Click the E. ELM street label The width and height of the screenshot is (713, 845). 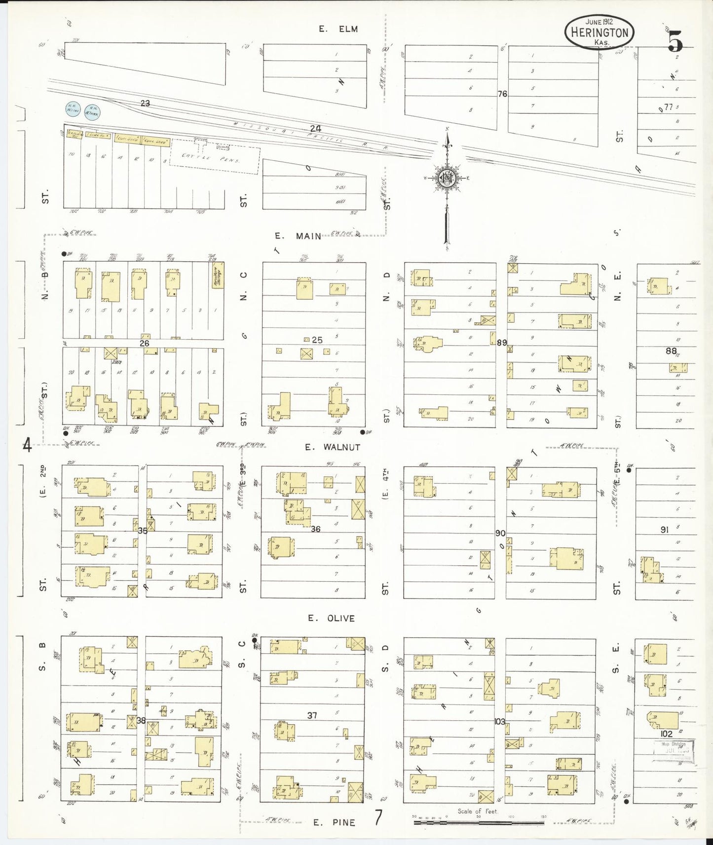pyautogui.click(x=338, y=29)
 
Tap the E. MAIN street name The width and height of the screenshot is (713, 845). pyautogui.click(x=298, y=236)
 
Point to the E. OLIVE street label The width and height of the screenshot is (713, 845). pyautogui.click(x=331, y=618)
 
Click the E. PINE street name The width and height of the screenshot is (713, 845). pyautogui.click(x=335, y=822)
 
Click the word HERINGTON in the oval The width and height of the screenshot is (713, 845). pyautogui.click(x=600, y=33)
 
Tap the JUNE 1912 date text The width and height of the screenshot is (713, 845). pyautogui.click(x=599, y=22)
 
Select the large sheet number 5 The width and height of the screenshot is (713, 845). pyautogui.click(x=675, y=41)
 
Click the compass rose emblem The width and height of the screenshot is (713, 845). pyautogui.click(x=447, y=178)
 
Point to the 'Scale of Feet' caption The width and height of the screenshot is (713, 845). pyautogui.click(x=478, y=811)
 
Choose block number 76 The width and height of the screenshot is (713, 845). pyautogui.click(x=502, y=94)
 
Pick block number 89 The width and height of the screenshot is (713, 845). pyautogui.click(x=502, y=343)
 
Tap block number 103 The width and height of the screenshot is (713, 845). pyautogui.click(x=500, y=721)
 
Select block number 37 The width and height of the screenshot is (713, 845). pyautogui.click(x=312, y=715)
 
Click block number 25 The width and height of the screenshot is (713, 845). pyautogui.click(x=317, y=340)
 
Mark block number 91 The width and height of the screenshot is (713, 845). pyautogui.click(x=664, y=529)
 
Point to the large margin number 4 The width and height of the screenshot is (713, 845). pyautogui.click(x=27, y=446)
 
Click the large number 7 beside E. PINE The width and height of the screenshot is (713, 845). pyautogui.click(x=378, y=818)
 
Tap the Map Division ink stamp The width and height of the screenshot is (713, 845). pyautogui.click(x=673, y=751)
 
